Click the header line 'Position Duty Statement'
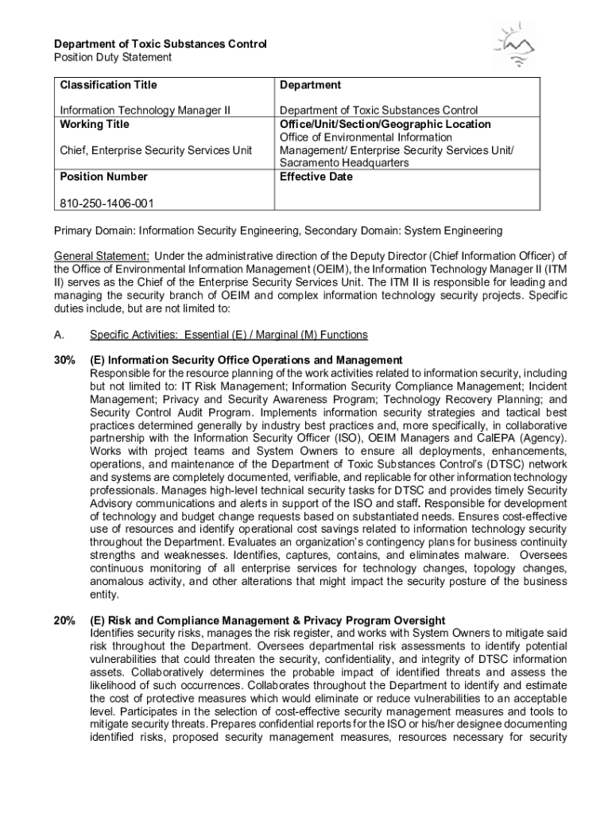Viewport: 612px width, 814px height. (112, 57)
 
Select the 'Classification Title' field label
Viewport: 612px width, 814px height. (108, 85)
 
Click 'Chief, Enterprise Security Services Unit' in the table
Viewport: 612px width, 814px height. (156, 150)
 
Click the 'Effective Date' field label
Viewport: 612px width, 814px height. (316, 176)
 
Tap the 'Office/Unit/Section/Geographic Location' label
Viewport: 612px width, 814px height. (385, 124)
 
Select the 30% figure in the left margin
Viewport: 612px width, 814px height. (64, 360)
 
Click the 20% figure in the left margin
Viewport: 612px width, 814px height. (64, 620)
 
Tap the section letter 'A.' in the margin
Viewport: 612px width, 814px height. (60, 335)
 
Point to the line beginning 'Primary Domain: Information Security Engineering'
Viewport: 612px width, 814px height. (277, 231)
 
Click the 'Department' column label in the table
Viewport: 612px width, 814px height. (310, 85)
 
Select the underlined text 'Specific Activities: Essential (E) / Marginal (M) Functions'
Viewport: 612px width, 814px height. (229, 335)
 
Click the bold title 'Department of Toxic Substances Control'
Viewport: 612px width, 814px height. (160, 44)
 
